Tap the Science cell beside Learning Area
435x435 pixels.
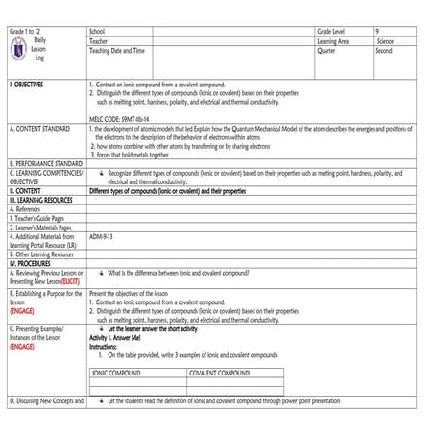click(x=385, y=41)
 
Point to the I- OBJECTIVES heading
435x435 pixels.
click(x=29, y=85)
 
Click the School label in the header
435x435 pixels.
click(x=98, y=32)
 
